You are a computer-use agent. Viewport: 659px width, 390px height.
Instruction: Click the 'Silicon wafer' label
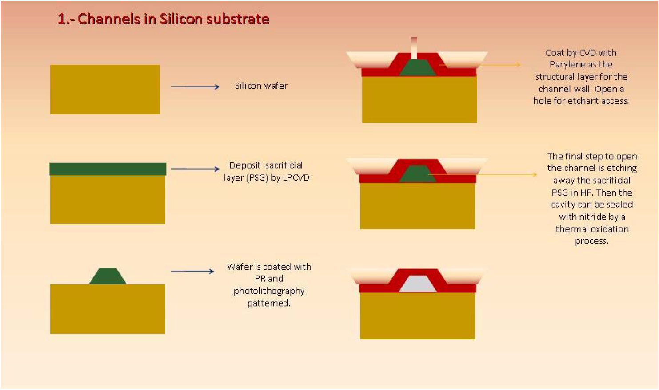(261, 86)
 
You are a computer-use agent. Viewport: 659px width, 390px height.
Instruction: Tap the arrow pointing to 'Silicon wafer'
(195, 87)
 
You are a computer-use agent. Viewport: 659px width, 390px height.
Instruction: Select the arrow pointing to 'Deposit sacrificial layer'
(195, 169)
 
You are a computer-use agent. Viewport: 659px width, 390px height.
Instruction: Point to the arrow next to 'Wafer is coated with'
(192, 271)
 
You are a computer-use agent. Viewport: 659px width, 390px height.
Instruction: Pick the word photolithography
(269, 291)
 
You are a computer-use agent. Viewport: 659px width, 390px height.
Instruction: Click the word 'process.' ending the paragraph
(591, 241)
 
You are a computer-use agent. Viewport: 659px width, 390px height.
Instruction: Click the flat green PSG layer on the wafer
(108, 169)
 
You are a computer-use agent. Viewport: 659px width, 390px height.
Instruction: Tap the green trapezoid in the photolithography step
(108, 276)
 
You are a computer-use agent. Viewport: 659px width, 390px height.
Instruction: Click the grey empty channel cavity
(418, 284)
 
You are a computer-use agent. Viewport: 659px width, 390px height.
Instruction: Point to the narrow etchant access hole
(414, 48)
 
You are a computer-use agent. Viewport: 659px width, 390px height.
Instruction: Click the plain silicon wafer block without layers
(105, 89)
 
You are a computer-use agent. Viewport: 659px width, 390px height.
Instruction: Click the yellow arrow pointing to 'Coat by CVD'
(480, 65)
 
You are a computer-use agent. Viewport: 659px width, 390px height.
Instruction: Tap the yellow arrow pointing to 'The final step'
(483, 174)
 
